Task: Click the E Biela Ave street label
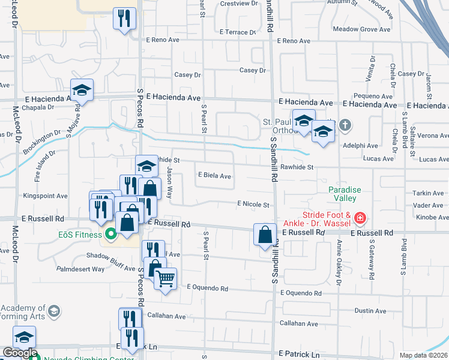(215, 176)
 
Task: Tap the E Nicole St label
(253, 205)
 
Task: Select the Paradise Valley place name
(345, 194)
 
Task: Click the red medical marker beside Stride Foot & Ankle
(360, 217)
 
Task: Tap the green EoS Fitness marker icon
(110, 233)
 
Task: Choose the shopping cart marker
(165, 277)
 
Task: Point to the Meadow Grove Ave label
(362, 29)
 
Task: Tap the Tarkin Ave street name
(427, 193)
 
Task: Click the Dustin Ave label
(370, 311)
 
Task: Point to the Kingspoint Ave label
(45, 196)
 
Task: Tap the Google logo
(20, 353)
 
